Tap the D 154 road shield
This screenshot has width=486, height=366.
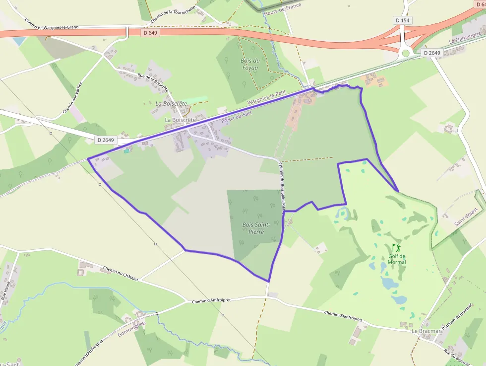click(403, 20)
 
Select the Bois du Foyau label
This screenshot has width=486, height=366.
click(250, 64)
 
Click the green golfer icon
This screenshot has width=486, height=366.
click(396, 247)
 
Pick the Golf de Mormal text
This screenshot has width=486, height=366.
click(397, 259)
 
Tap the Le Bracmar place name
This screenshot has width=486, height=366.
click(425, 330)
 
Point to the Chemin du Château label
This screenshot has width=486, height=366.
click(121, 274)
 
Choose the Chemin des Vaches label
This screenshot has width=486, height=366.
click(72, 98)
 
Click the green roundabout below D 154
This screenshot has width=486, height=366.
click(406, 53)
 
